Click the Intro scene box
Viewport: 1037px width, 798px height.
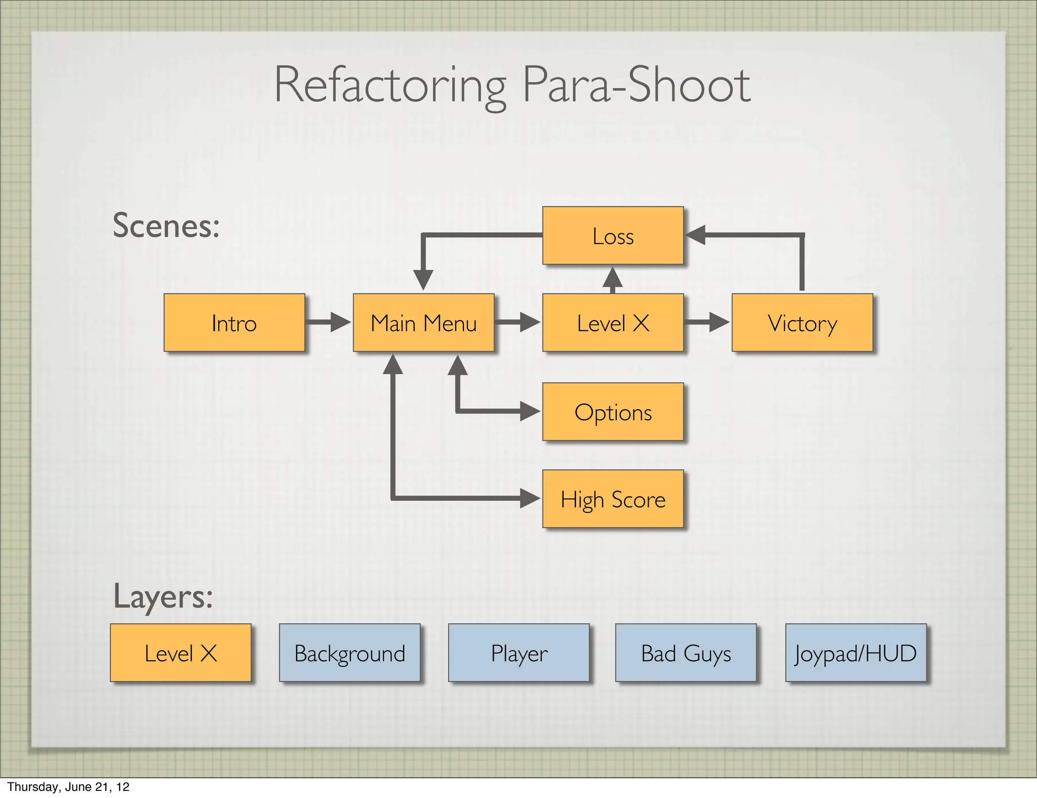tap(234, 323)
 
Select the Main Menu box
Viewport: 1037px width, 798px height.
tap(423, 323)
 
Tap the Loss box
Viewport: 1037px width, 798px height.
tap(613, 235)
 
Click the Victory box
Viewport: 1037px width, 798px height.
tap(802, 323)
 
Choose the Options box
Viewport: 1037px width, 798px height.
tap(613, 412)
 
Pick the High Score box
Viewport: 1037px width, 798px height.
tap(613, 499)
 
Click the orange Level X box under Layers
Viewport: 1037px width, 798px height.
tap(180, 653)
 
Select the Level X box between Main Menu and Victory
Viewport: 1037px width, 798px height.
tap(613, 323)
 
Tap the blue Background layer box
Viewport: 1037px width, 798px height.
tap(349, 653)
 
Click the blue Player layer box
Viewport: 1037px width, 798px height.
tap(518, 653)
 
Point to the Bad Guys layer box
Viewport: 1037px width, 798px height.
tap(686, 653)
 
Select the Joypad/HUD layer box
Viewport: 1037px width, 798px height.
tap(856, 653)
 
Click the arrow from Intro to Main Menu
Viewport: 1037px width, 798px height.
tap(328, 322)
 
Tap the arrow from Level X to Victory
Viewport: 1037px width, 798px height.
tap(706, 322)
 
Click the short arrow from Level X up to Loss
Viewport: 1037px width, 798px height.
tap(613, 280)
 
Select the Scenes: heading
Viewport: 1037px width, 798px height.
tap(166, 225)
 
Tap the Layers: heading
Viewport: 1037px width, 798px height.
tap(163, 596)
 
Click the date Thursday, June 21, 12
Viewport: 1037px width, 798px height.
tap(68, 786)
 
